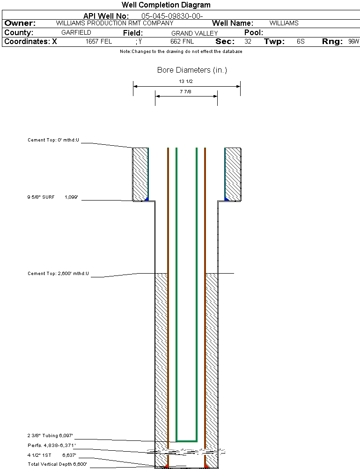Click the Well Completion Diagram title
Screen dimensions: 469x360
pos(166,5)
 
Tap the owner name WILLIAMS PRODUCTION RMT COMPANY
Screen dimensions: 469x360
pos(115,23)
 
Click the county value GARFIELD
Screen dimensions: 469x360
pos(76,33)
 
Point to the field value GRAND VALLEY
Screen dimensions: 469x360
pos(195,33)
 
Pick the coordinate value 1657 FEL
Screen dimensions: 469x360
pos(99,42)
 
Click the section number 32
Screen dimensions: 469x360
pos(248,42)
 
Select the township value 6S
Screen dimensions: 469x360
pos(301,42)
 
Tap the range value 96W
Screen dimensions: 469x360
pos(353,42)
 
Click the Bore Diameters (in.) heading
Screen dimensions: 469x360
pos(192,70)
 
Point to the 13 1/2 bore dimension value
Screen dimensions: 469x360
pos(186,82)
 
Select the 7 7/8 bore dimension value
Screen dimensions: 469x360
pos(186,92)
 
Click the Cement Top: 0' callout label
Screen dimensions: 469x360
pos(53,140)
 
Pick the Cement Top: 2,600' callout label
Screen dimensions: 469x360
pos(58,273)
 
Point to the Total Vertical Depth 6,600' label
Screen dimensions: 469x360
pos(57,464)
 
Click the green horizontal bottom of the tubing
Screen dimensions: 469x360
pos(186,441)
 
